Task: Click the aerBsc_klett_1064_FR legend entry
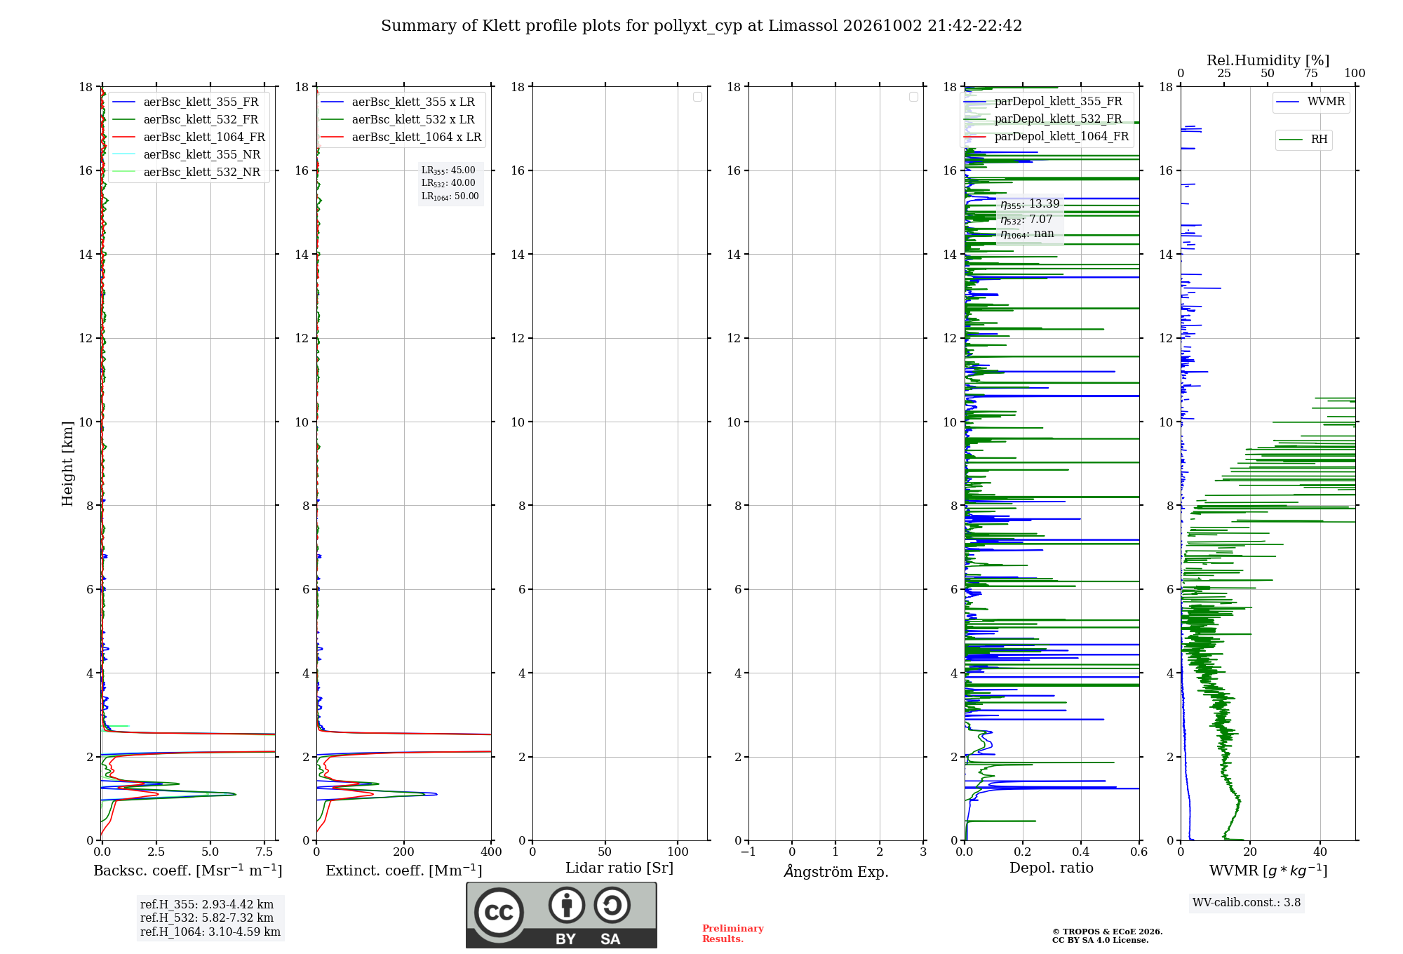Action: (x=188, y=137)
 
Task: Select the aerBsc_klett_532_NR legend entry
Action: (x=186, y=173)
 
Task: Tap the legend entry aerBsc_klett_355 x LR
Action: (x=398, y=102)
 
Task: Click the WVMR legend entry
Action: (x=1310, y=102)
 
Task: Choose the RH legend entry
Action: (x=1303, y=140)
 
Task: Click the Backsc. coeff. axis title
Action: (x=188, y=871)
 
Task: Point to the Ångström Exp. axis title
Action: (x=836, y=871)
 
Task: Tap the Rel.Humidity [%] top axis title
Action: (x=1268, y=60)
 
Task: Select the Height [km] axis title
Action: (x=67, y=464)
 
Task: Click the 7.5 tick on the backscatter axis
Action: (x=264, y=852)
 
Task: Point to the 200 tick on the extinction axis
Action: (x=404, y=852)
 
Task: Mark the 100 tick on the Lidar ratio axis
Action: (x=678, y=852)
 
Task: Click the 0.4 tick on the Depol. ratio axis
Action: (x=1081, y=852)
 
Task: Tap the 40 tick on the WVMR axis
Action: (x=1320, y=852)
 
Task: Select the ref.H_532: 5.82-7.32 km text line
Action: (x=207, y=918)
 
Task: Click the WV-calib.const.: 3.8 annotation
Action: (x=1247, y=903)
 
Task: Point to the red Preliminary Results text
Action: (x=733, y=934)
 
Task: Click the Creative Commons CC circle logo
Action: (x=499, y=913)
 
